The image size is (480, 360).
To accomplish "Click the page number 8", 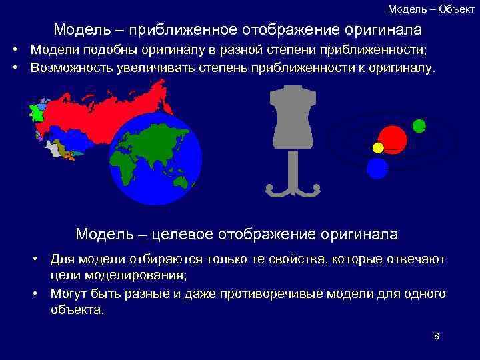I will point(437,336).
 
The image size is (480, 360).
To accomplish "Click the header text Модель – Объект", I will point(431,9).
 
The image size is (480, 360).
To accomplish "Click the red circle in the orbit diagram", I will point(393,139).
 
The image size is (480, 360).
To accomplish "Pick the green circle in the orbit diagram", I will point(419,125).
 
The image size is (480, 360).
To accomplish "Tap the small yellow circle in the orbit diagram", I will point(378,148).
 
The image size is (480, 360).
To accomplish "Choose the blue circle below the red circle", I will point(377,168).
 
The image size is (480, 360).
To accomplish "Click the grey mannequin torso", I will point(292,118).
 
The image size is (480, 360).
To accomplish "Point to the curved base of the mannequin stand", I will point(292,191).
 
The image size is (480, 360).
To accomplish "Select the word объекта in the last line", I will point(77,310).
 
